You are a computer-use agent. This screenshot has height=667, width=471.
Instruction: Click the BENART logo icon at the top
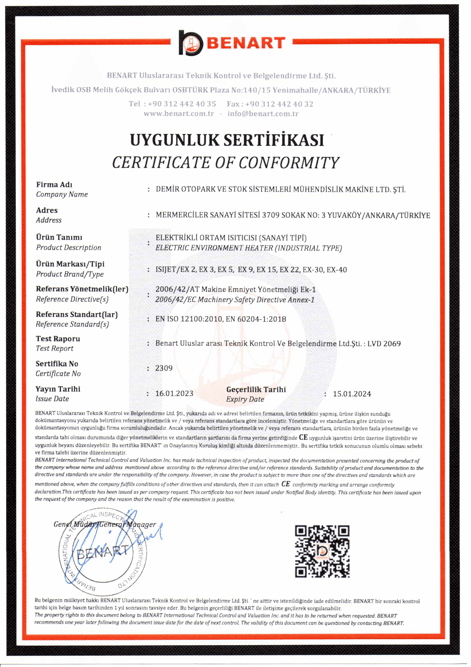pos(191,43)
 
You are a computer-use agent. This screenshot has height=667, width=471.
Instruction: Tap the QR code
pos(322,551)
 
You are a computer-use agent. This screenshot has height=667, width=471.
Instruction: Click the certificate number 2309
pos(164,368)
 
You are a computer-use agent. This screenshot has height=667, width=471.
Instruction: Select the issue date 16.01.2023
pos(174,393)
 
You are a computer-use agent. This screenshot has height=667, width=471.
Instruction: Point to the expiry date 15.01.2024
pos(352,394)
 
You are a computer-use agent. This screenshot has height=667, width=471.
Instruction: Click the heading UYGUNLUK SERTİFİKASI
pos(227,140)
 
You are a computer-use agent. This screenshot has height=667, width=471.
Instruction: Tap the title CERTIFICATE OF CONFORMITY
pos(225,162)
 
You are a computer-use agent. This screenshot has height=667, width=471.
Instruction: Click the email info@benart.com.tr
pos(263,114)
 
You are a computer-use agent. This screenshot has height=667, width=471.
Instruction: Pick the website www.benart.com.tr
pos(179,114)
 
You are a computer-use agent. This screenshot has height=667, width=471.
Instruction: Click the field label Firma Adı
pos(54,185)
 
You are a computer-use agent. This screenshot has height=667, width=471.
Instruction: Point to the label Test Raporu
pos(58,339)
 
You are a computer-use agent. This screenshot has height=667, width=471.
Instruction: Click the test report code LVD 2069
pos(384,343)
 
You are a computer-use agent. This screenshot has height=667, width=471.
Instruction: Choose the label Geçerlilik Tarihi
pos(256,389)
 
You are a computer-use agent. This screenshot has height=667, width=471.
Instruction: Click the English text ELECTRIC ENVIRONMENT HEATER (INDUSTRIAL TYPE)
pos(249,248)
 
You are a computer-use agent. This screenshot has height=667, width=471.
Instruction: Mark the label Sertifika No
pos(57,364)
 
